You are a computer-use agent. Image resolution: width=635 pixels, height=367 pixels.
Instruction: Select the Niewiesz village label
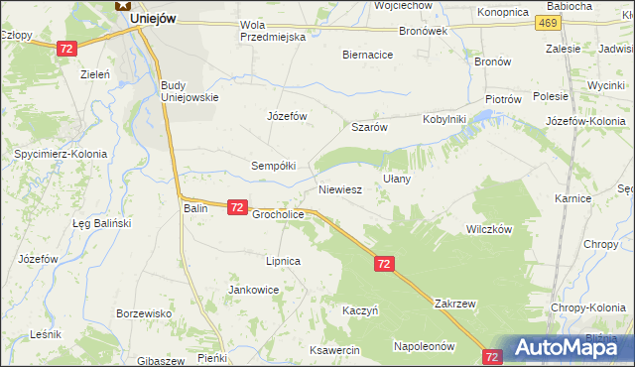pos(339,187)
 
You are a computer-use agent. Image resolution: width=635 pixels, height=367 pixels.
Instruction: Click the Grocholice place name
pos(278,214)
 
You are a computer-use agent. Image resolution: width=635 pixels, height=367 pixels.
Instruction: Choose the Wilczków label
pos(488,228)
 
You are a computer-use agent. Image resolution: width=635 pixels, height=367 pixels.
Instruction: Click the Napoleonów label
pos(424,346)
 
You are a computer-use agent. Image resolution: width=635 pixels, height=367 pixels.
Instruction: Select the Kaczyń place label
pos(361,309)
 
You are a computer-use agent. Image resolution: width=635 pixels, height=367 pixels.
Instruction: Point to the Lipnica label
pos(282,261)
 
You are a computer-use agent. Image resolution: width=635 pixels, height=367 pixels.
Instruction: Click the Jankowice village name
pos(253,290)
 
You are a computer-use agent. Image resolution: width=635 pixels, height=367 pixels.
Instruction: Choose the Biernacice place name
pos(367,56)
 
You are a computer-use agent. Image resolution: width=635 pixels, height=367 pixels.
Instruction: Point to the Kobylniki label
pos(444,119)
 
